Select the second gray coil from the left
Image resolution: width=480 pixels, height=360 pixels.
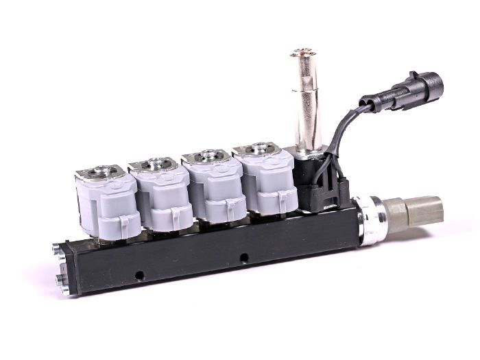[x=161, y=195]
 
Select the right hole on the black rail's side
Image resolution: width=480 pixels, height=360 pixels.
[x=243, y=259]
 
